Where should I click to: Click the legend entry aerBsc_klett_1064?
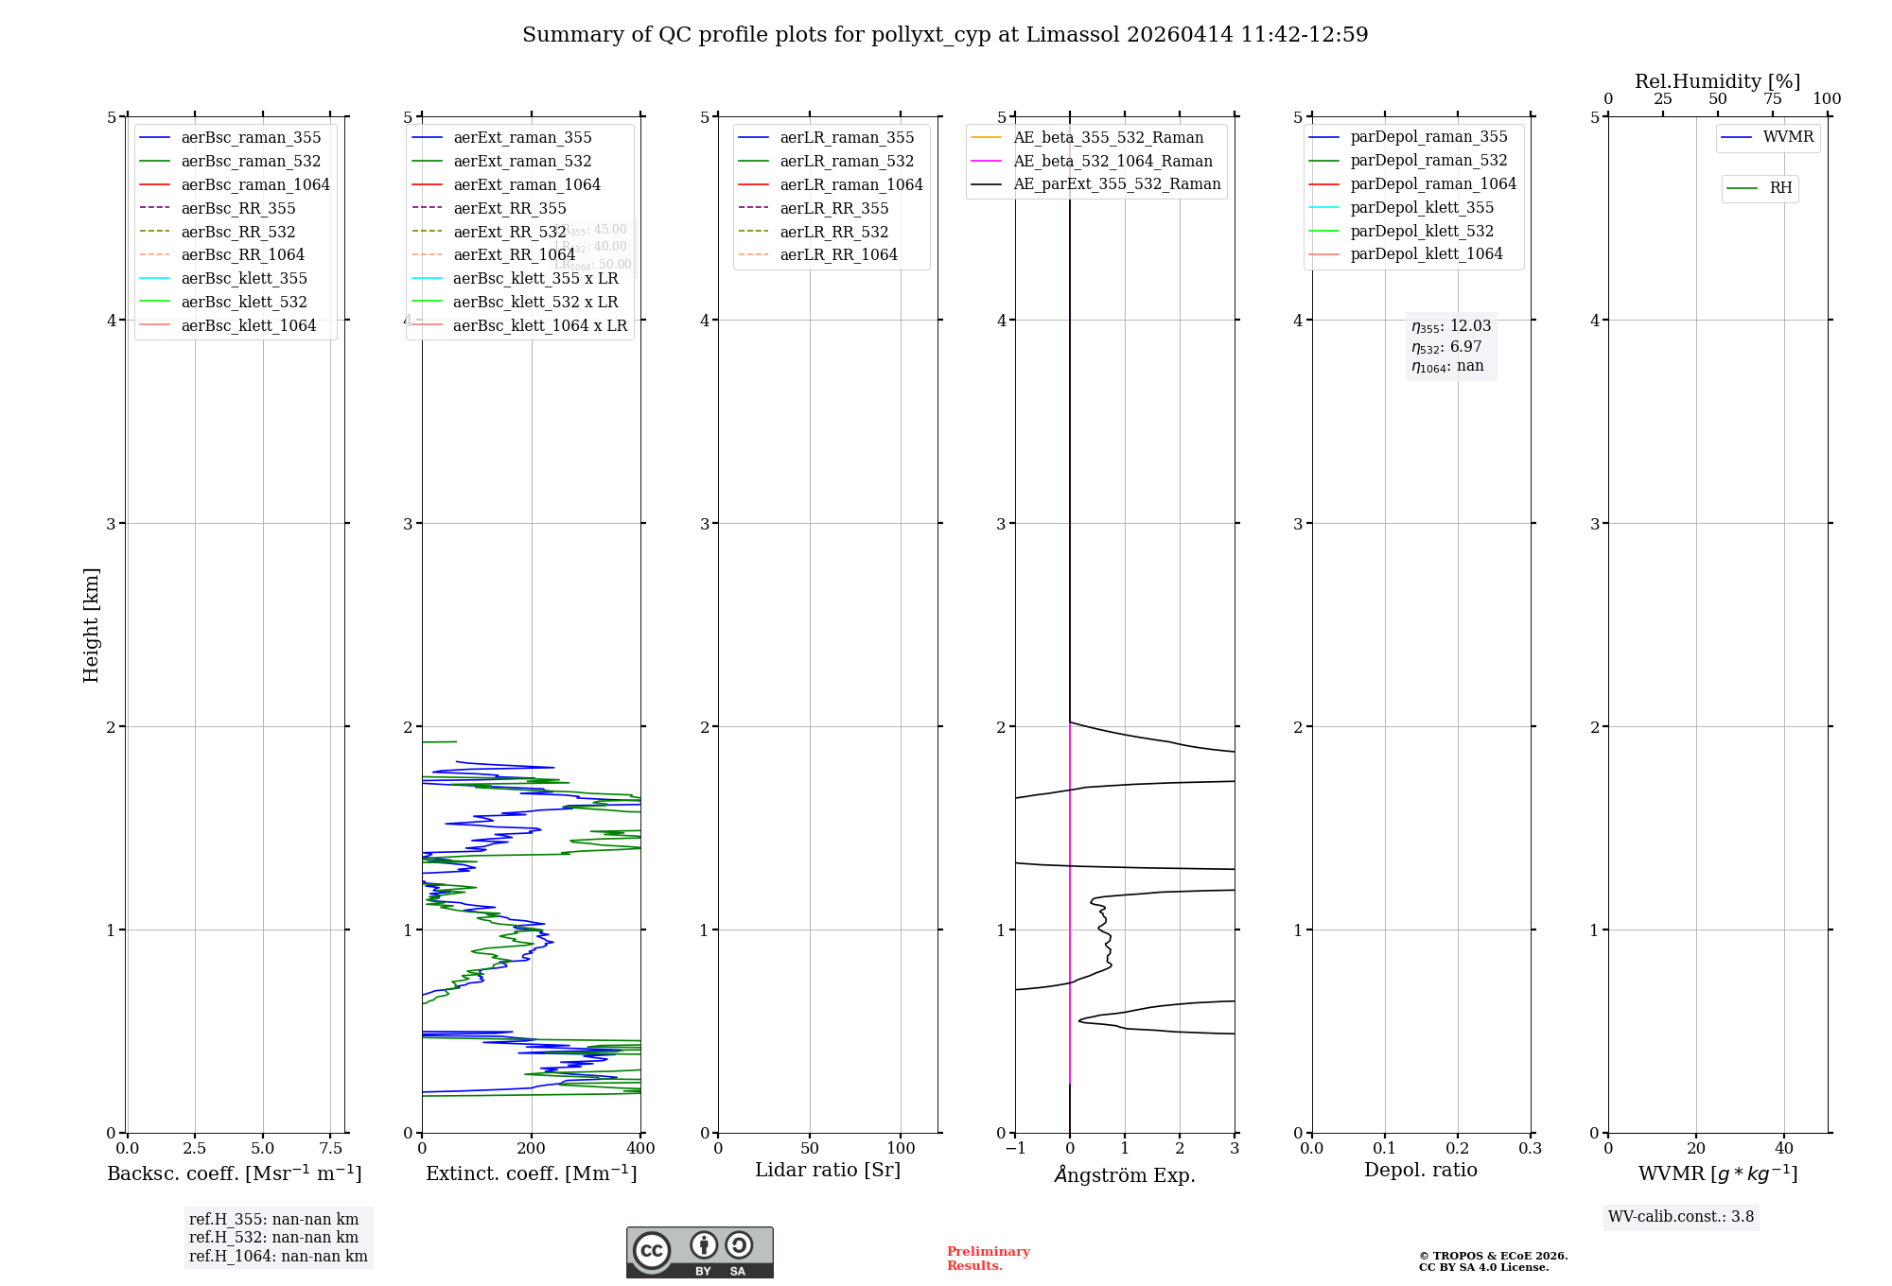coord(249,325)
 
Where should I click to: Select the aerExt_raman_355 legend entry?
coord(522,138)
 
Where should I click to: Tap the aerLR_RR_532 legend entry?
coord(833,232)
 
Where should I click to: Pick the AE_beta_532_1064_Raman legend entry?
coord(1112,161)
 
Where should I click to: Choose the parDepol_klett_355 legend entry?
coord(1422,207)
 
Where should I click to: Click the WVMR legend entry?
coord(1788,137)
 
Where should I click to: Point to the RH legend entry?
coord(1780,188)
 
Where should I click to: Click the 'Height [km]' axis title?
coord(91,624)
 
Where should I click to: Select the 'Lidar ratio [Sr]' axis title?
coord(828,1170)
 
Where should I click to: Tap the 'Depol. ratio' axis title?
coord(1420,1170)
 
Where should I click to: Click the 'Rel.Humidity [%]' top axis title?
coord(1717,81)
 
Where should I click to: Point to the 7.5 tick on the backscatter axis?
coord(330,1148)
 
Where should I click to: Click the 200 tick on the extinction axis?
coord(532,1148)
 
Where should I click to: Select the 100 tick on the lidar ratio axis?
coord(901,1148)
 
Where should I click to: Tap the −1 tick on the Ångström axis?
coord(1015,1148)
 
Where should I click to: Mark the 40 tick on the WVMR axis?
coord(1784,1148)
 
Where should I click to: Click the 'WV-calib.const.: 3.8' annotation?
coord(1681,1217)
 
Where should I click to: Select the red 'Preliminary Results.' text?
coord(988,1258)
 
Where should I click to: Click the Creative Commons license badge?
coord(699,1252)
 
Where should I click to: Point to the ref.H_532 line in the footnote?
coord(273,1238)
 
